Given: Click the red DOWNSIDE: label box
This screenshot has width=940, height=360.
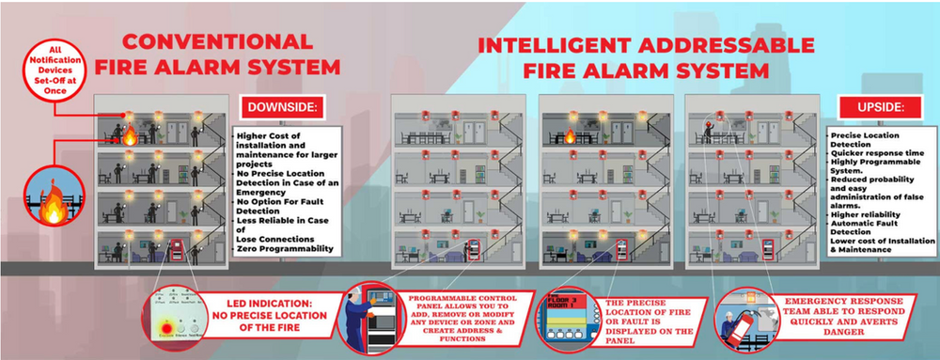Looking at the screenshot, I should pyautogui.click(x=282, y=108).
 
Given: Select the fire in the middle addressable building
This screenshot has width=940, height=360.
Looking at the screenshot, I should pyautogui.click(x=570, y=136).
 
